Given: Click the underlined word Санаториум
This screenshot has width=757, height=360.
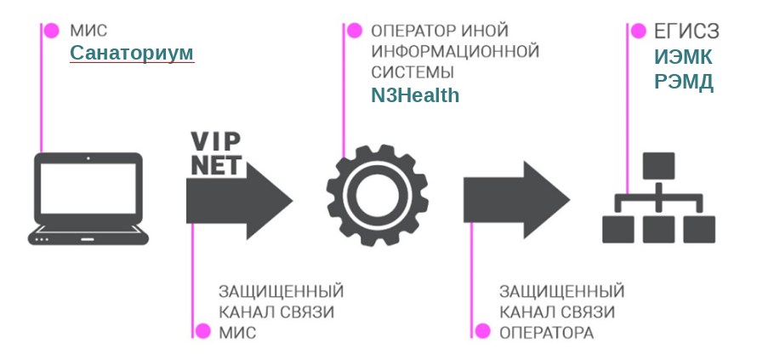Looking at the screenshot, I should tap(132, 54).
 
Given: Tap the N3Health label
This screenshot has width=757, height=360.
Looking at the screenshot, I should tap(415, 95).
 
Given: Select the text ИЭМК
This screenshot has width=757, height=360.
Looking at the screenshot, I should tap(684, 57).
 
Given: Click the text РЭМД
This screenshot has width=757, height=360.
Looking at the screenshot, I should tap(684, 83).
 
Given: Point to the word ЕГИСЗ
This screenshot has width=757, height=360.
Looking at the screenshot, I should tap(686, 31).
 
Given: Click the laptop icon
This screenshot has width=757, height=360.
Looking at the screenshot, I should tap(88, 198).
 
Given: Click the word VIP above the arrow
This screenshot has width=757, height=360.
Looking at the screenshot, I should tap(217, 141).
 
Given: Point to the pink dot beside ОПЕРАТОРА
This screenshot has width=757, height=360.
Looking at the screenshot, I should tap(482, 330).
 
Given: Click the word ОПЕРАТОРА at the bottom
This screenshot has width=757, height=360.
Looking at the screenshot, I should tap(546, 332).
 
